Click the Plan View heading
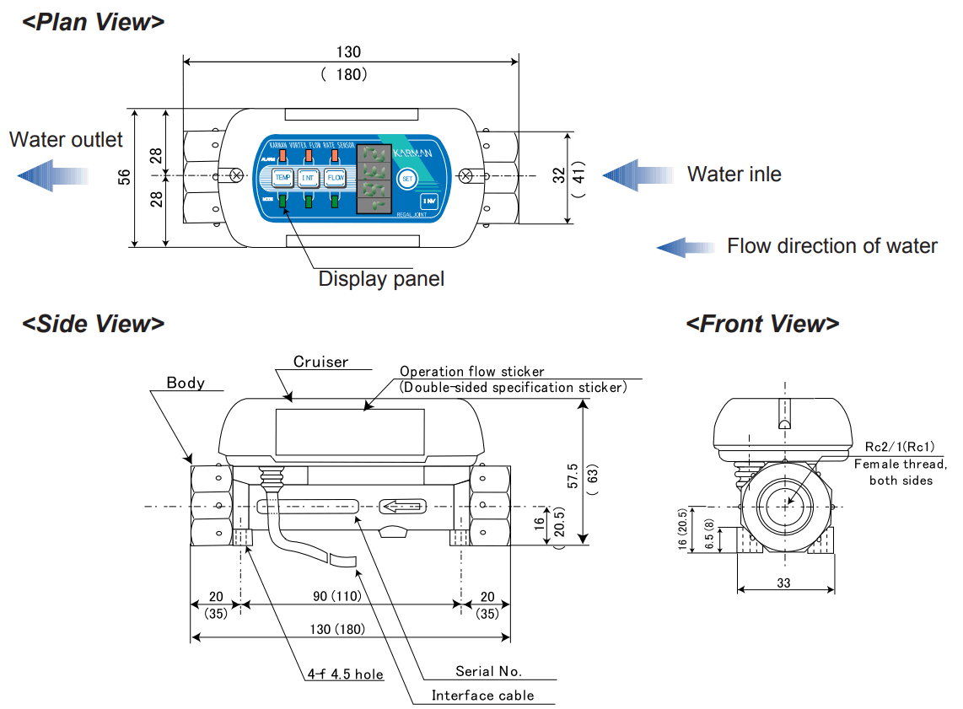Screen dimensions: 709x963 coord(94,22)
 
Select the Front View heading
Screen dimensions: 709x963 coord(762,324)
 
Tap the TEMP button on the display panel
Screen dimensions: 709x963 coord(282,177)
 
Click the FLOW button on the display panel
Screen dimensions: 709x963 coord(336,177)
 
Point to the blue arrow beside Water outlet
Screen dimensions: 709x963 coord(54,175)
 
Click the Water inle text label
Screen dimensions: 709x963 coord(734,175)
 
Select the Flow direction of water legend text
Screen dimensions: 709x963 coord(831,246)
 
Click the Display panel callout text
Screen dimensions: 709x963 coord(380,278)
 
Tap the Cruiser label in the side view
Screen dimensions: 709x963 coord(320,362)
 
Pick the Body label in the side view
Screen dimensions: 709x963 coord(186,383)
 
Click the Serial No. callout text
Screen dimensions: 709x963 coord(488,671)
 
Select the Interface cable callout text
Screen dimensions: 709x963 coord(482,696)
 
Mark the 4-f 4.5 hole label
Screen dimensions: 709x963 coord(345,674)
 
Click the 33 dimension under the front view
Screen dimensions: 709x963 coord(784,583)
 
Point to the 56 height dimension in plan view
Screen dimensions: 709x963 coord(124,177)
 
